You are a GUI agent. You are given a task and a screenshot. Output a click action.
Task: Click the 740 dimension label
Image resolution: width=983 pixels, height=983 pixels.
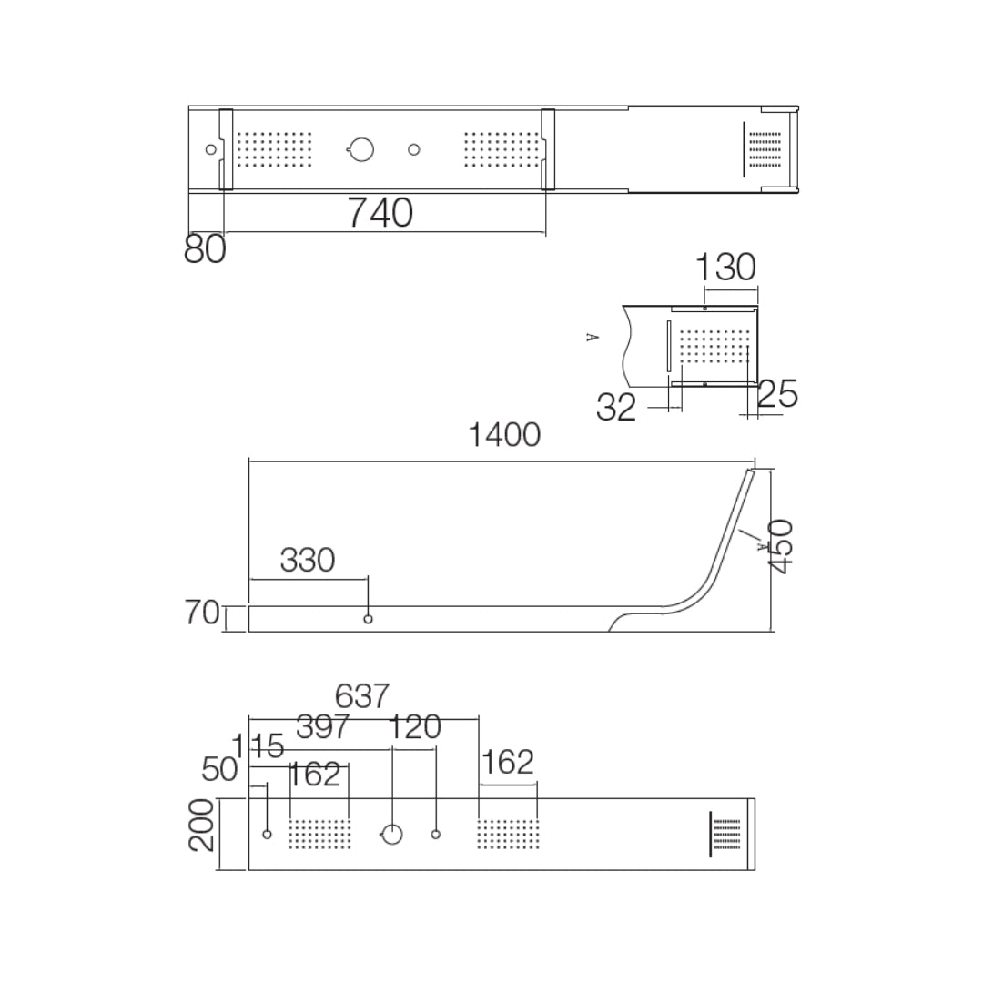tap(380, 213)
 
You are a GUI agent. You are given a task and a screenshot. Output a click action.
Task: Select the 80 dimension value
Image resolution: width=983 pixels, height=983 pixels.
tap(205, 249)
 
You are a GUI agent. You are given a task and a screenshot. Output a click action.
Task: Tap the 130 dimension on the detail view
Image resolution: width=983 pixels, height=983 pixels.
tap(725, 268)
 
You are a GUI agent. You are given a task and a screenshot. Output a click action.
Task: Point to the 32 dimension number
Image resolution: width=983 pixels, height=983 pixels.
tap(616, 408)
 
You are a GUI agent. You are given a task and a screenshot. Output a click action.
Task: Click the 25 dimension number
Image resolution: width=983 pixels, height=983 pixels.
tap(777, 394)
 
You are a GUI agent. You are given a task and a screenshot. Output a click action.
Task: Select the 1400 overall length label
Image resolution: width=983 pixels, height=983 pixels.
tap(504, 435)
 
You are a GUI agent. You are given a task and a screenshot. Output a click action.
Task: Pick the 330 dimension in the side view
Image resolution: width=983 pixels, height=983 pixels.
tap(308, 561)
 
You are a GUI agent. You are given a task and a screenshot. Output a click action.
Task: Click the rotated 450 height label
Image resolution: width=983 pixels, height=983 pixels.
tap(781, 547)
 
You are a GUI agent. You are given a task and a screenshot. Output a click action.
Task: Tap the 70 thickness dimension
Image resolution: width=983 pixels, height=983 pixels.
tap(202, 613)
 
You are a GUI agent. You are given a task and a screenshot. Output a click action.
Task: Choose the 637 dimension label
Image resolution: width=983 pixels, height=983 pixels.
tap(362, 696)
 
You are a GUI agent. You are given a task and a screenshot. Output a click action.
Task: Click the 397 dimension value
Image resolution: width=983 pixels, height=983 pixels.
tap(323, 727)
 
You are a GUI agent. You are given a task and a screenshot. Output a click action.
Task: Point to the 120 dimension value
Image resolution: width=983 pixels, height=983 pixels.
tap(415, 727)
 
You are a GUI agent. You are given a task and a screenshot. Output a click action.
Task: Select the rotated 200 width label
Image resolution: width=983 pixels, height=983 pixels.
tap(201, 826)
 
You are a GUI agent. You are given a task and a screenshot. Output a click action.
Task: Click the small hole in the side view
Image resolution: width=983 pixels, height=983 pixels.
tap(368, 619)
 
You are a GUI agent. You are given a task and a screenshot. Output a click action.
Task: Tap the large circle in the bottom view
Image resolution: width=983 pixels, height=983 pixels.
tap(391, 834)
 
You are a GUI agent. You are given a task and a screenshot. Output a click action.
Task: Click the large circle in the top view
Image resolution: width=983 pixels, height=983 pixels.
tap(361, 149)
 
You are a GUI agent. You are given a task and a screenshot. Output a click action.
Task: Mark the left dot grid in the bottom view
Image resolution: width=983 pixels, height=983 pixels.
tap(319, 834)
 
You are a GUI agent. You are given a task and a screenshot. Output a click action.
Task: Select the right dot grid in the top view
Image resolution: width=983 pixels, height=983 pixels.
tap(502, 149)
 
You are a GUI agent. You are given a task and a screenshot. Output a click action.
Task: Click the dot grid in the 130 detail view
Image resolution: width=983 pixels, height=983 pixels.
tap(714, 346)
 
